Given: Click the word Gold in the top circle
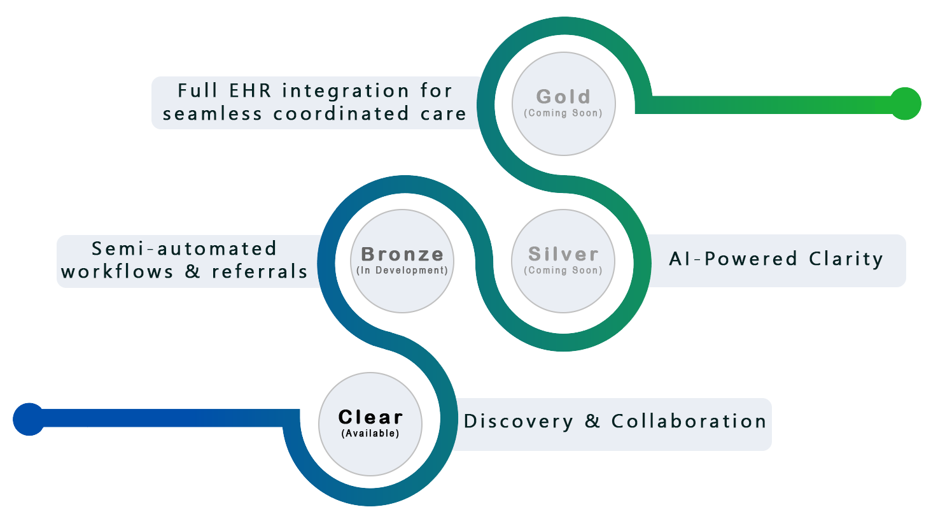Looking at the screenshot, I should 563,97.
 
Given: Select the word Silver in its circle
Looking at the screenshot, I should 563,254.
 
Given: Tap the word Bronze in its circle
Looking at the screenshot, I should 402,254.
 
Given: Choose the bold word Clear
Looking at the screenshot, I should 370,417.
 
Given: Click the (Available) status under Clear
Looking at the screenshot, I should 370,434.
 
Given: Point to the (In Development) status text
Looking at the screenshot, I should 402,271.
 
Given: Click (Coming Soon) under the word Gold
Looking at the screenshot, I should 563,113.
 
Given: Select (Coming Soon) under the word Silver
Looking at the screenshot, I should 563,271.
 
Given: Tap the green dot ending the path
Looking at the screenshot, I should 905,104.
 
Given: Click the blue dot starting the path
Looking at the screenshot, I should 29,419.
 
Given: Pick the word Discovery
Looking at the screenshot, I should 518,422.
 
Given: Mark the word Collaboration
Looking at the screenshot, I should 689,422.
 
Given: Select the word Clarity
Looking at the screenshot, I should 846,259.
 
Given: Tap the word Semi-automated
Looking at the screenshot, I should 185,248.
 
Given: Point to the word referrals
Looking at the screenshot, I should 260,272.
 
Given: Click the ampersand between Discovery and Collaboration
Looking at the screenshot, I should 592,422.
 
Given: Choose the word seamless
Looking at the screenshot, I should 213,114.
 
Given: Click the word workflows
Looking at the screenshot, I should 117,272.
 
